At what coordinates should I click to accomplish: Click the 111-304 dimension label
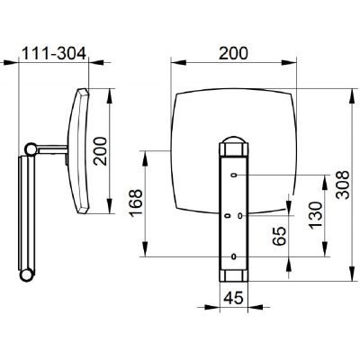click(x=55, y=53)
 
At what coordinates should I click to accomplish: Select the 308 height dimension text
click(x=343, y=184)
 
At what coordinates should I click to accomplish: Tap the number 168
click(x=137, y=203)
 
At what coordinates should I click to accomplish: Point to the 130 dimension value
click(x=316, y=215)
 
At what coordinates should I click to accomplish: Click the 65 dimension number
click(x=280, y=237)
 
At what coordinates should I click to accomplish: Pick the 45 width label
click(x=233, y=298)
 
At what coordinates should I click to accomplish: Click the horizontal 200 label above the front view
click(x=233, y=53)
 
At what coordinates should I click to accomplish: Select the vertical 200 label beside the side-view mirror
click(x=100, y=151)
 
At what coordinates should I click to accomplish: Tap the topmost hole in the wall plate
click(x=234, y=175)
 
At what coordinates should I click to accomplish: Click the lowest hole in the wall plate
click(x=234, y=256)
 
